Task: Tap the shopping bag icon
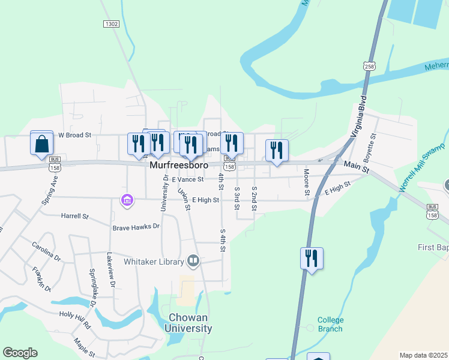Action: [x=41, y=144]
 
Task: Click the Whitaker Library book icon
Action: [x=193, y=260]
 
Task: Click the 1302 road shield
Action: [x=111, y=24]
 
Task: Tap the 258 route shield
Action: [x=369, y=66]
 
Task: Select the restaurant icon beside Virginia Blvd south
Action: [x=312, y=259]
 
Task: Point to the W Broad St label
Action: [x=74, y=135]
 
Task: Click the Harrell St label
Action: [x=74, y=215]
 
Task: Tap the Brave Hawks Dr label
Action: [x=136, y=227]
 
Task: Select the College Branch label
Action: [x=330, y=324]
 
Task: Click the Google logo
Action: [x=20, y=353]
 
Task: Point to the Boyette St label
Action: [x=373, y=145]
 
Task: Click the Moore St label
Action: [x=306, y=182]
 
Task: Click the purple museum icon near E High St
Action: [x=127, y=200]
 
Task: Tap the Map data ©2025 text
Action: [x=424, y=355]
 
